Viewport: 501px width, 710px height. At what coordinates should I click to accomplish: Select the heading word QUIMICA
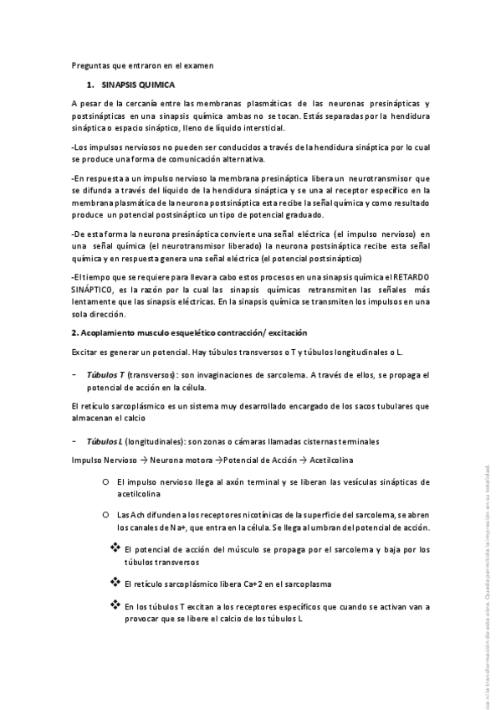click(150, 85)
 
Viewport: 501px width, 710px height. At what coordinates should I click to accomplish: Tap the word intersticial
click(261, 128)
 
